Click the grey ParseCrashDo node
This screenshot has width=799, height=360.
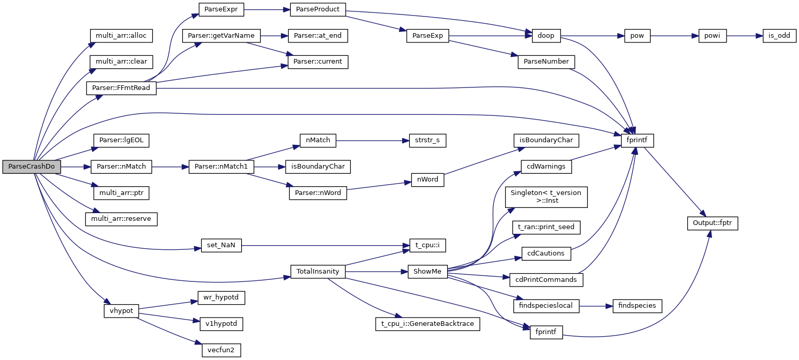coord(32,167)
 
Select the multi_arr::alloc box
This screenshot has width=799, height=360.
coord(121,36)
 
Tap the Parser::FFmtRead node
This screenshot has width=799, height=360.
coord(121,88)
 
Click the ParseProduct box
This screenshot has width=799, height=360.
coord(318,10)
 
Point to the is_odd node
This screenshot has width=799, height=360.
coord(779,36)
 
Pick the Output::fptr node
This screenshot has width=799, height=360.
coord(712,223)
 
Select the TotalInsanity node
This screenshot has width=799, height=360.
coord(318,272)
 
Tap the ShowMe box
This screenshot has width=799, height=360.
coord(428,272)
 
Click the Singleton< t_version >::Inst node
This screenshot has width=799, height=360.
coord(546,197)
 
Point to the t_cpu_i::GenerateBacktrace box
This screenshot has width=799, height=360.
coord(428,324)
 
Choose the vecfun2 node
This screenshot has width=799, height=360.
coord(221,350)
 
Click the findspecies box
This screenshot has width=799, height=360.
coord(637,306)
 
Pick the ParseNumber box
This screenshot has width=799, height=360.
coord(546,62)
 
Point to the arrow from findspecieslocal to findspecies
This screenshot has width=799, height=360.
coord(595,306)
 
